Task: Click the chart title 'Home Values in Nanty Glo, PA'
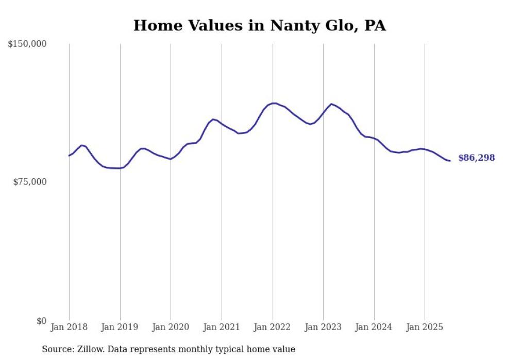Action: [x=259, y=25]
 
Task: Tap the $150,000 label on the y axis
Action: [x=27, y=44]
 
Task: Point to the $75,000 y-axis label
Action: [x=29, y=182]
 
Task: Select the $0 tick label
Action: [x=41, y=321]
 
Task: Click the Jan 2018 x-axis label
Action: [x=69, y=327]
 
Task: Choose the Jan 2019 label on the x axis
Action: [x=120, y=327]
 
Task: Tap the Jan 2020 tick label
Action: [x=171, y=327]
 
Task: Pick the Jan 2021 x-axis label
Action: [x=222, y=327]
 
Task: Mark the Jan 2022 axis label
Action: [x=273, y=327]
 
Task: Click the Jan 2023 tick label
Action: [x=323, y=327]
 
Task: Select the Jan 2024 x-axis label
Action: [x=374, y=327]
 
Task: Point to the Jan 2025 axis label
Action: [x=425, y=327]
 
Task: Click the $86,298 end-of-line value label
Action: [x=476, y=158]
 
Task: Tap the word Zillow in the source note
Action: [x=89, y=350]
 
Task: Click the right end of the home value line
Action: [x=450, y=161]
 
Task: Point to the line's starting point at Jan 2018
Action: [x=69, y=156]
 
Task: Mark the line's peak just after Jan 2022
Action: [x=275, y=103]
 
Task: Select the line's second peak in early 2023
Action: [x=331, y=104]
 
